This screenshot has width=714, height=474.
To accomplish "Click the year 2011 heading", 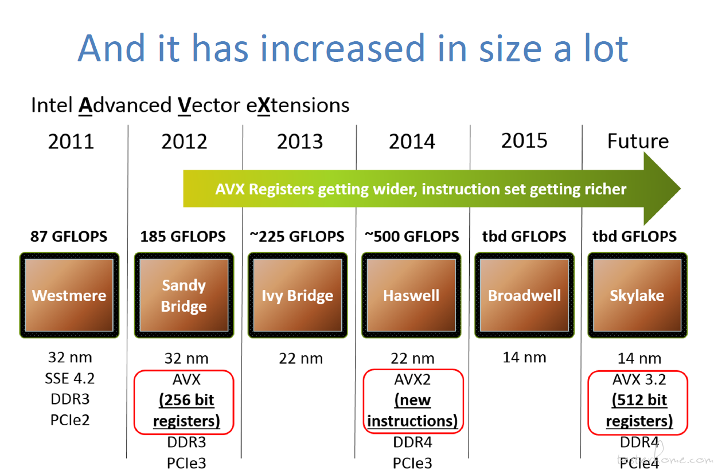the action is click(71, 142).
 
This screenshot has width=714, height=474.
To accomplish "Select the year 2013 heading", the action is click(299, 142).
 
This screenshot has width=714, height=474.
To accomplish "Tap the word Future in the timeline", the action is click(638, 141).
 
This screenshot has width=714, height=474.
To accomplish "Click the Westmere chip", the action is click(69, 295).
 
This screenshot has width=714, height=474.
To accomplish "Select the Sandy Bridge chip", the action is click(184, 295).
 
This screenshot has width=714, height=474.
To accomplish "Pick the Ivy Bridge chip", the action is click(298, 295).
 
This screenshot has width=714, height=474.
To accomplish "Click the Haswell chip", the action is click(411, 295).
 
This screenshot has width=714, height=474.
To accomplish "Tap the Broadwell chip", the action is click(524, 295).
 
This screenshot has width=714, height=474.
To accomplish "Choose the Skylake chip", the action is click(638, 295).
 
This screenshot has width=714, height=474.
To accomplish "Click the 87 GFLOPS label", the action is click(69, 237).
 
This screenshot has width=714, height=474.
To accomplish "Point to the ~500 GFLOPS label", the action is click(412, 237).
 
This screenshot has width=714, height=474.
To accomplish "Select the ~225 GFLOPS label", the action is click(297, 237).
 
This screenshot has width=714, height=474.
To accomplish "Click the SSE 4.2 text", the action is click(70, 378).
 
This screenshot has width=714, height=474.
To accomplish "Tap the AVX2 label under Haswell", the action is click(412, 379).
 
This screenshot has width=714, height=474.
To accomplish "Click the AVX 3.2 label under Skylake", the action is click(639, 379).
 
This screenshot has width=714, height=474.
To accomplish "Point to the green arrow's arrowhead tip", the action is click(681, 189).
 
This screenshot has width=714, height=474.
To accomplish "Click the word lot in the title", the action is click(606, 48).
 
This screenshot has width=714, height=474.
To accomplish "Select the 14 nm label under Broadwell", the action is click(524, 358).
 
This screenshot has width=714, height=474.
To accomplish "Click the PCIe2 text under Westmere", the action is click(70, 420).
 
